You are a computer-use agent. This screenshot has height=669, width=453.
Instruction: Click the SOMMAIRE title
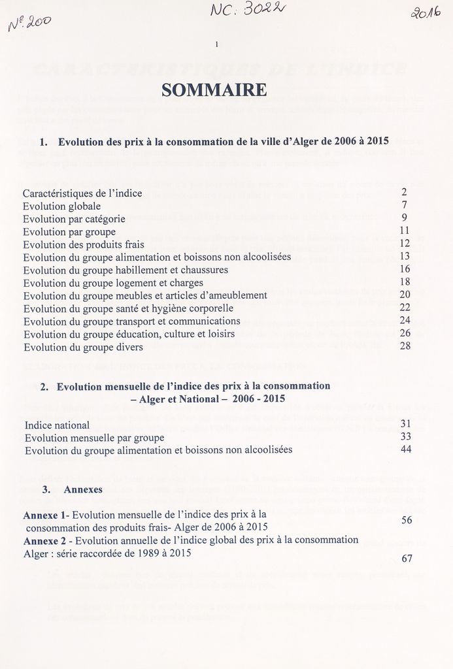[x=214, y=90]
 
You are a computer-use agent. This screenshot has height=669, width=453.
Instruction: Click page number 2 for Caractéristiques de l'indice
[x=405, y=192]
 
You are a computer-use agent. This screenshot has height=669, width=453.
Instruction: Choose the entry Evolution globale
[x=62, y=206]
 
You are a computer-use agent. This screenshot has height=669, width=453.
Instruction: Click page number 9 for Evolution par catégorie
[x=405, y=218]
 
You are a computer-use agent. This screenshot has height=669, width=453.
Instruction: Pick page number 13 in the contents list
[x=405, y=256]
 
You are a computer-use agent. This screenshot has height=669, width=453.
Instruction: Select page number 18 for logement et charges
[x=405, y=282]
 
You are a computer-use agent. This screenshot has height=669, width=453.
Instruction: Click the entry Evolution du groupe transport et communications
[x=131, y=321]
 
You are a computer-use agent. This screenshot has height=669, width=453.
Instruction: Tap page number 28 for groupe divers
[x=405, y=346]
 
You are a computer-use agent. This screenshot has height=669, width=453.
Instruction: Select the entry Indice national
[x=58, y=425]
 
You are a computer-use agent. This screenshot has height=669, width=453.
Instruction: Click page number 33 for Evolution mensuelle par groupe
[x=405, y=436]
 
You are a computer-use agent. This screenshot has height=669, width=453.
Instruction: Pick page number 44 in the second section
[x=405, y=449]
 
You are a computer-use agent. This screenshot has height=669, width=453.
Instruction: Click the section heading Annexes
[x=82, y=489]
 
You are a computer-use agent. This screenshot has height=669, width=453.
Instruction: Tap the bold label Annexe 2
[x=45, y=540]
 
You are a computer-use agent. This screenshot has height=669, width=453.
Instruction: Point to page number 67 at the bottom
[x=406, y=559]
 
